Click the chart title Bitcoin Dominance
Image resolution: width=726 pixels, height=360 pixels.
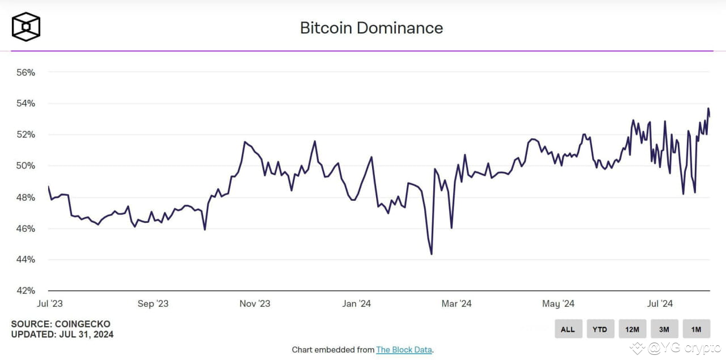(x=371, y=28)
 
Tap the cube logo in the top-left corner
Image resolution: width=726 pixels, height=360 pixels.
(x=26, y=27)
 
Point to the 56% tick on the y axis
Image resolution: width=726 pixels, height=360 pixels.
(x=26, y=73)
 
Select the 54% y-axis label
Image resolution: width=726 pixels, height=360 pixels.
(x=26, y=104)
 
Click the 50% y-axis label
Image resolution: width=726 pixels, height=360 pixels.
(x=26, y=166)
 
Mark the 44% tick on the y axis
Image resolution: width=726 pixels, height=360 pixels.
(x=26, y=260)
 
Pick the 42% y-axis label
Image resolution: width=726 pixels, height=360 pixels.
(x=26, y=291)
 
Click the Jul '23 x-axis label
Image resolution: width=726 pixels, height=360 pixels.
(x=50, y=304)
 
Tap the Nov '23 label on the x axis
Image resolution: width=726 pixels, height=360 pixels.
(x=255, y=304)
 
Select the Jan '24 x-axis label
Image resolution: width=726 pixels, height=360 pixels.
(x=357, y=304)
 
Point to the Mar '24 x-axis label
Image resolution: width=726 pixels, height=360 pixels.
(x=457, y=304)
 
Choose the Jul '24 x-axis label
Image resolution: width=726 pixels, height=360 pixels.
(x=660, y=304)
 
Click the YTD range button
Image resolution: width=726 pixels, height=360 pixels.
(x=600, y=329)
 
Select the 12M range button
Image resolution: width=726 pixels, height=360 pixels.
(x=632, y=329)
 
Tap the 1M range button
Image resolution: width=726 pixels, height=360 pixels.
(x=696, y=329)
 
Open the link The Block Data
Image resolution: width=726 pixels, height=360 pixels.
(x=403, y=350)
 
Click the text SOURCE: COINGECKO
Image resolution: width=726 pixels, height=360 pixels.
(x=61, y=324)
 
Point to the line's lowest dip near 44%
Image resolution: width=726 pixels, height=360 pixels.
(x=432, y=254)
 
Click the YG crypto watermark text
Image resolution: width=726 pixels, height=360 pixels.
(x=683, y=348)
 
